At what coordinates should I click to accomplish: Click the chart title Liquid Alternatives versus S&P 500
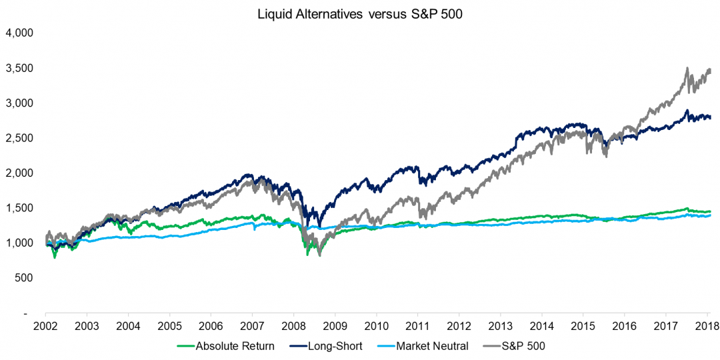click(360, 15)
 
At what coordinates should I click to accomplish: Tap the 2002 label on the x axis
click(45, 327)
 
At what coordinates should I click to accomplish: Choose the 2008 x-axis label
click(293, 327)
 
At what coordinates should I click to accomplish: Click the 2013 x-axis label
click(500, 327)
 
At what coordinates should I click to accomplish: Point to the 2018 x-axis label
click(707, 327)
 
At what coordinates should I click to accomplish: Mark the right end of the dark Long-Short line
click(710, 117)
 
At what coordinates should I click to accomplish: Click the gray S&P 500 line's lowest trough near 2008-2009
click(320, 255)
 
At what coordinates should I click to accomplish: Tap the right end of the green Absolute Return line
click(710, 211)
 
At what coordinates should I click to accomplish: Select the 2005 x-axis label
click(169, 327)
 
